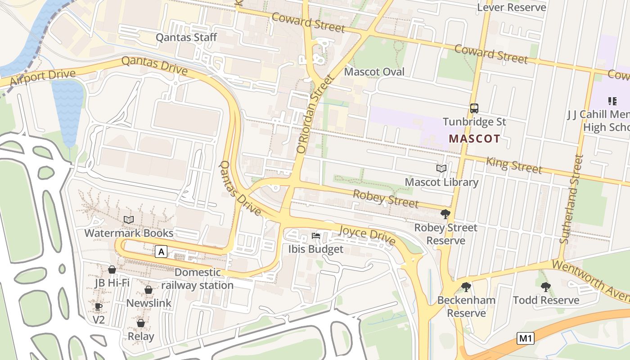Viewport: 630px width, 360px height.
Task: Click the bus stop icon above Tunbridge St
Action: click(474, 108)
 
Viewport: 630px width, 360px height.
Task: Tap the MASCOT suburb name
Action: click(474, 139)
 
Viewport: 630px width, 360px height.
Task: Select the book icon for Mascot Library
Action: click(441, 168)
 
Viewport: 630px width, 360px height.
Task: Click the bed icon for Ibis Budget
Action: click(316, 235)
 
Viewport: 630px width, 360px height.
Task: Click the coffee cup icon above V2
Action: click(99, 306)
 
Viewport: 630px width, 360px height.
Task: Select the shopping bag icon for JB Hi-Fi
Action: click(112, 269)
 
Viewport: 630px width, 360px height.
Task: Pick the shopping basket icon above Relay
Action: click(141, 323)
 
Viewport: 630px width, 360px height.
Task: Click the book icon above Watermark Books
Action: click(129, 220)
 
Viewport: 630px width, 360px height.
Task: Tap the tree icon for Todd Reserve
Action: click(545, 287)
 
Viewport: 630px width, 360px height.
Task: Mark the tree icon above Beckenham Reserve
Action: click(466, 287)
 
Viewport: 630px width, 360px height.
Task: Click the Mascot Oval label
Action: click(374, 72)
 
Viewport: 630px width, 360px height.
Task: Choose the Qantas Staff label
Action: click(186, 37)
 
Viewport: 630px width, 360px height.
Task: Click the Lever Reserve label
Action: click(511, 7)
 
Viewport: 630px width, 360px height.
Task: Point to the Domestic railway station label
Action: click(198, 279)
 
